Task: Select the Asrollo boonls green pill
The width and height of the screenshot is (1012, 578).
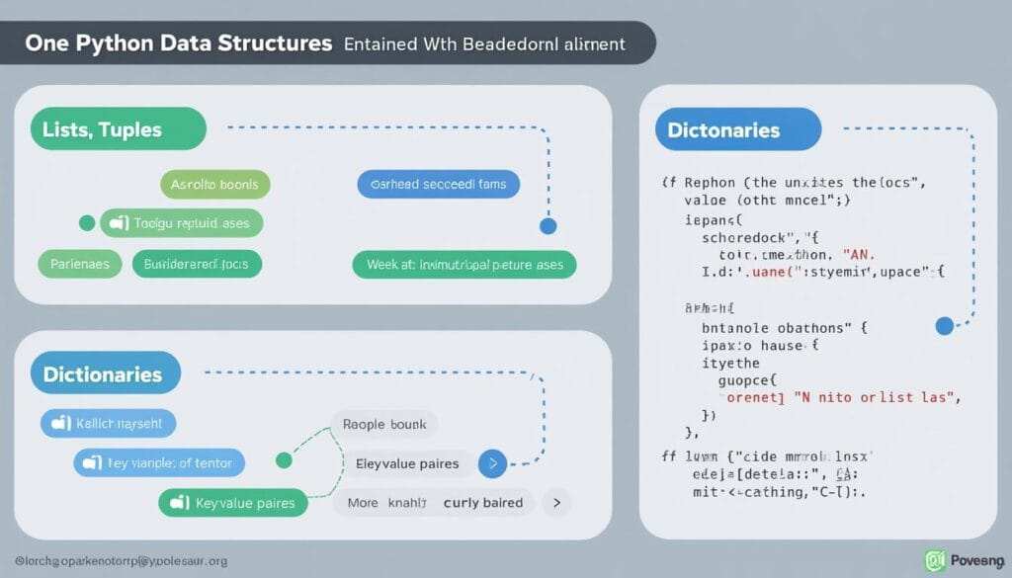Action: (214, 185)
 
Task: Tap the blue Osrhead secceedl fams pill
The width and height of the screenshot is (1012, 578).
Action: (438, 185)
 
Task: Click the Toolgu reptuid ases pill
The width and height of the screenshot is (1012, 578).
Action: (182, 223)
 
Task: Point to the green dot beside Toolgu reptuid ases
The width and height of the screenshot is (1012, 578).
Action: (86, 223)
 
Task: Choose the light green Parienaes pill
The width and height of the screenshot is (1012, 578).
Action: (80, 264)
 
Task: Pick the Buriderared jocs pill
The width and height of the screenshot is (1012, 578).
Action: (197, 264)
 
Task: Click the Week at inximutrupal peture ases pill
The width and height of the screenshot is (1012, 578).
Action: (464, 265)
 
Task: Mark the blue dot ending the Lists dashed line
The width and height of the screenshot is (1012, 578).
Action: (548, 226)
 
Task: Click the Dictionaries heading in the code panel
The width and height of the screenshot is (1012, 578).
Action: (738, 130)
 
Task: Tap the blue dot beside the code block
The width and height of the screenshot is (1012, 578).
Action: (944, 325)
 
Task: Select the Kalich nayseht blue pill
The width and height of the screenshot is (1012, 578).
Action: (108, 424)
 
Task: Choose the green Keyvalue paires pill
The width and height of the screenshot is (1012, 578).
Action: (233, 503)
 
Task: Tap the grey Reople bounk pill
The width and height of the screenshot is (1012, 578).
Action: (384, 424)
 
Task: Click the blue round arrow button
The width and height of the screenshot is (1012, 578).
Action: (492, 462)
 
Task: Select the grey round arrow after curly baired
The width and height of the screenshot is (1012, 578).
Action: (557, 503)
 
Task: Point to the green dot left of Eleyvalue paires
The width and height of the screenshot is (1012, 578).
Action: (283, 459)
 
